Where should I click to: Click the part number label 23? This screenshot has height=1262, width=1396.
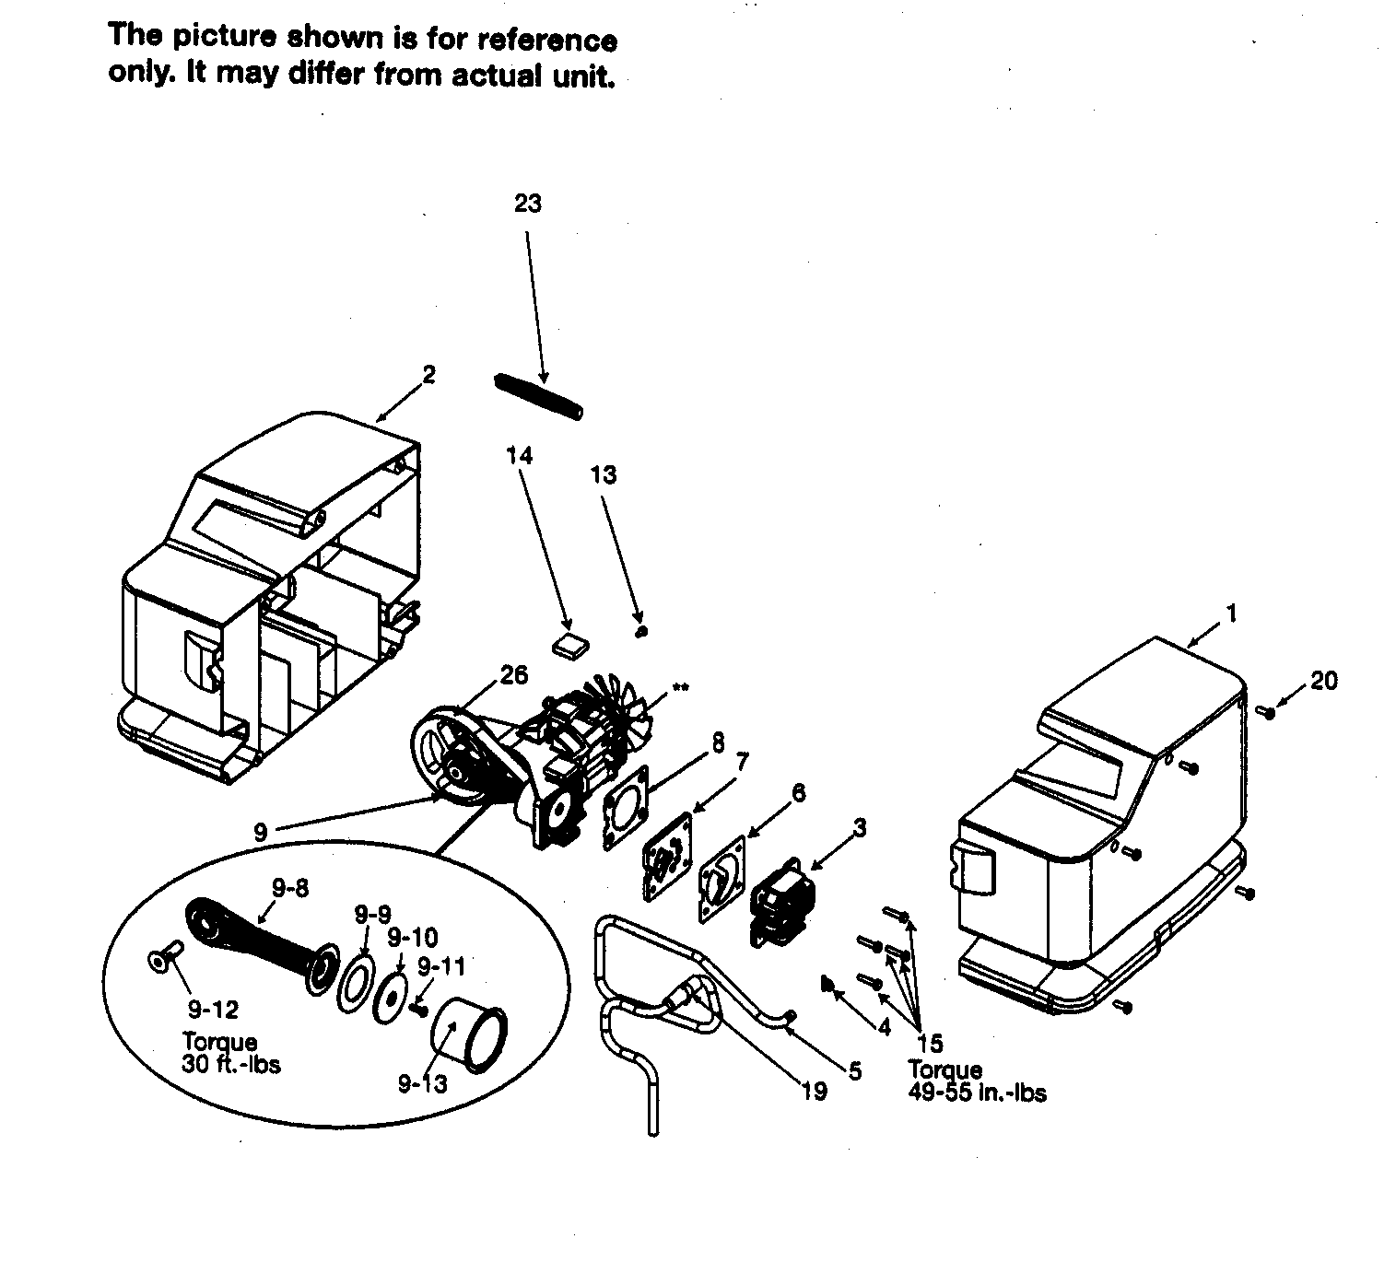tap(527, 204)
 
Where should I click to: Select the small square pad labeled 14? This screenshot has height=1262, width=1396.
tap(569, 644)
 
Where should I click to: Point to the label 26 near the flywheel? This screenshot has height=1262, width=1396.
tap(513, 675)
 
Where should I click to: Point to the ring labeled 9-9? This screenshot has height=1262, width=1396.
tap(354, 981)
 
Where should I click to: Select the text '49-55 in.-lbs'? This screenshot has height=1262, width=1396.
tap(977, 1093)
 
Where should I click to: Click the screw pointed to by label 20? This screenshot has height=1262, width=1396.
tap(1268, 711)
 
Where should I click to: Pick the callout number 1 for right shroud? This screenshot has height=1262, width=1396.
tap(1231, 613)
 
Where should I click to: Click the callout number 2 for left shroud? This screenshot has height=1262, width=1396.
tap(428, 375)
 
